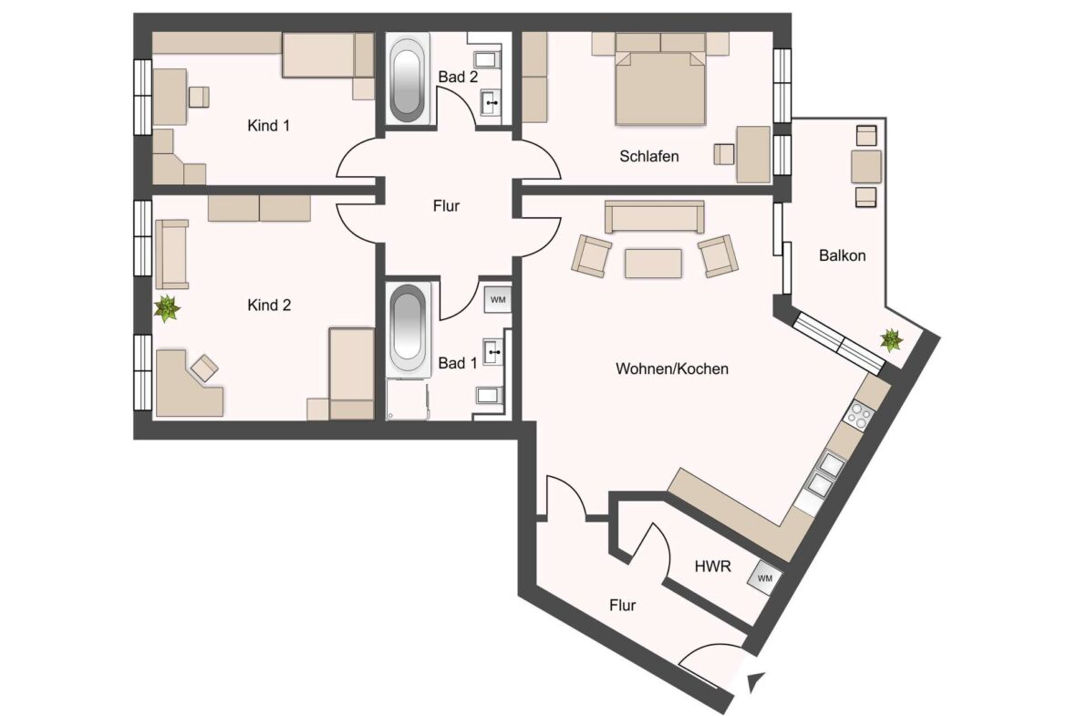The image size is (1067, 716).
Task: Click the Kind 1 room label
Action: coord(268,125)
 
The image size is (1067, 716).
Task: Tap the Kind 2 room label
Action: coord(269,305)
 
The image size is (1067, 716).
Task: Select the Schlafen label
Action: coord(648,156)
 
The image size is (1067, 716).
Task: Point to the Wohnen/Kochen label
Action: coord(671,368)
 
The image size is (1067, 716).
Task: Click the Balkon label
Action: coord(842,255)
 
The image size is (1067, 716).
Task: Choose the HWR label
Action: coord(712,566)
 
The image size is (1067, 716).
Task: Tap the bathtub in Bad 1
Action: coord(408,328)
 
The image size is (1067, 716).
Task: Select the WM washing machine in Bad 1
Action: coord(497,299)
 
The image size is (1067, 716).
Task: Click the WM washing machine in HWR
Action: coord(765,578)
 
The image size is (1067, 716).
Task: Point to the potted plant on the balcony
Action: coord(891,339)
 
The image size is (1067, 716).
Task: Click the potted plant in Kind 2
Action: coord(167,308)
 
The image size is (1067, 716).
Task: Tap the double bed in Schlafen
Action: coord(660,79)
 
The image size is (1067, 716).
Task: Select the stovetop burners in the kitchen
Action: coord(859,414)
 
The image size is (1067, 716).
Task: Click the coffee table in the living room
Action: coord(653,263)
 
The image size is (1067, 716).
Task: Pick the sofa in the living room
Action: coord(654,216)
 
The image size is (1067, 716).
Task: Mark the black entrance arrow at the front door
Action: coord(756,682)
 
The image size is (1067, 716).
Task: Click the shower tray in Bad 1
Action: coord(407,400)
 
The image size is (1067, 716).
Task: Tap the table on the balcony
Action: coord(865,166)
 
